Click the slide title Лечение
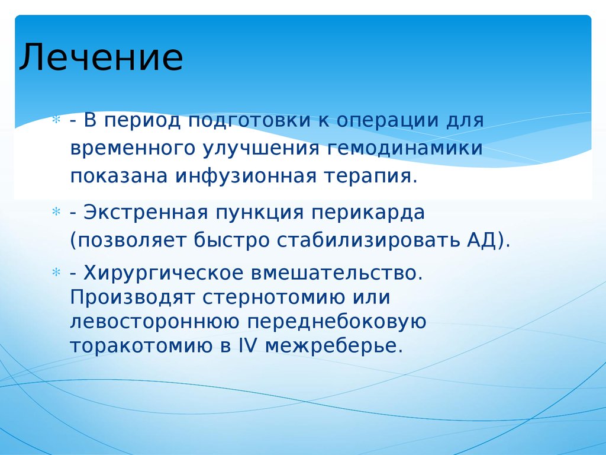point(101,58)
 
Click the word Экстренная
point(144,212)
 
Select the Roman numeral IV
point(246,345)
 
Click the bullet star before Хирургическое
point(56,273)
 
